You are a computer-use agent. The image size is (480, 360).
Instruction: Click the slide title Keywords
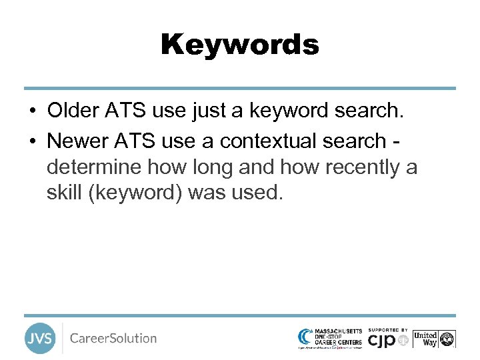(240, 45)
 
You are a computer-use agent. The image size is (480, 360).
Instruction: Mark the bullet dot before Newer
(32, 141)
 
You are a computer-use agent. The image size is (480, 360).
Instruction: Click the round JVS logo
(40, 339)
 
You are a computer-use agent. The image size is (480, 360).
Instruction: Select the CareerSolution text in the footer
(113, 339)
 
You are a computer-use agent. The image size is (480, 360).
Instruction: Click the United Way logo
(433, 339)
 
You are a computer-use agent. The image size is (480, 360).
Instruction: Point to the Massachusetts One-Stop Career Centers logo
(331, 338)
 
